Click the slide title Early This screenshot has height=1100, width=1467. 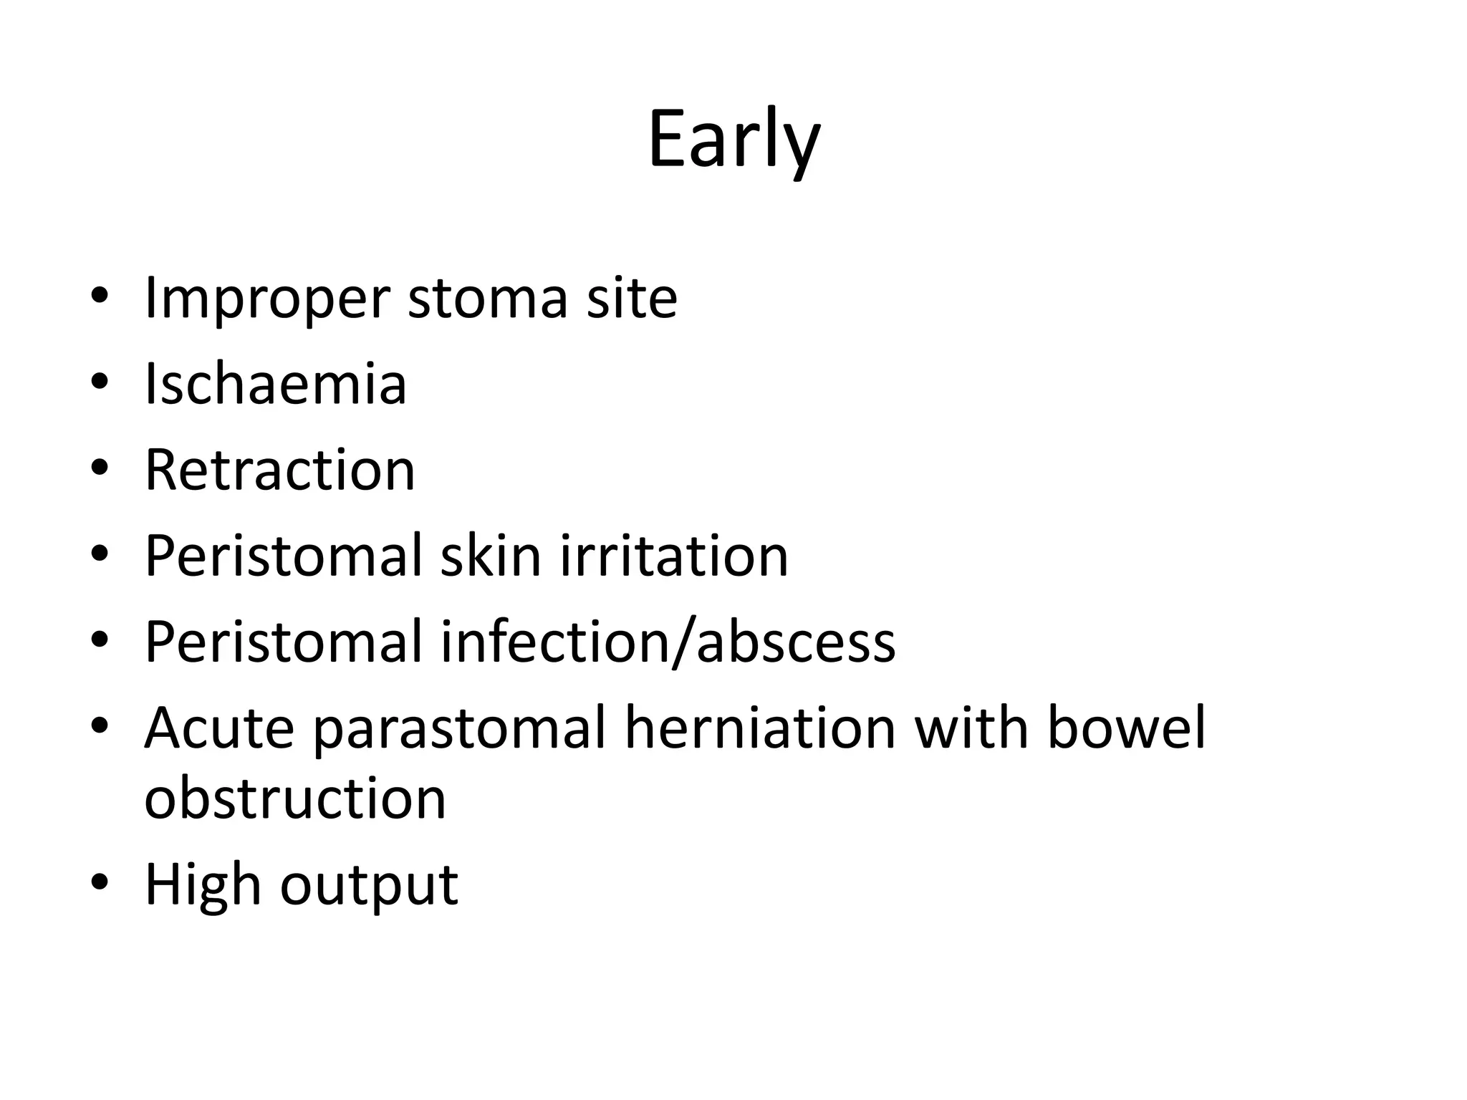click(733, 140)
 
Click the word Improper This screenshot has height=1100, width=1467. click(267, 298)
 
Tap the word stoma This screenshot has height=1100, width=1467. click(488, 298)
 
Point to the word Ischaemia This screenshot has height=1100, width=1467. click(276, 384)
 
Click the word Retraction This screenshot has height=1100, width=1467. click(280, 470)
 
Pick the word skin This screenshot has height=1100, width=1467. click(490, 556)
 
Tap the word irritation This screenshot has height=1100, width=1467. click(674, 556)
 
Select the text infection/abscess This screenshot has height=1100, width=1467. click(668, 642)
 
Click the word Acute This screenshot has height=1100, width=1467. click(219, 728)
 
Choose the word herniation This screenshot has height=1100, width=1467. click(760, 728)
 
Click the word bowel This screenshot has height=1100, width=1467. click(1126, 728)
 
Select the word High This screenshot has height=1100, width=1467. click(203, 885)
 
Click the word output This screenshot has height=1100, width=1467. click(369, 885)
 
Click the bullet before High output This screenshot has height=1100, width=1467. click(100, 882)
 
